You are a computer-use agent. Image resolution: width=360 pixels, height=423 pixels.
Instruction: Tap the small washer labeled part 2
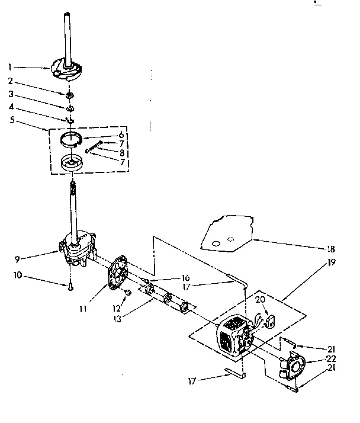[x=70, y=95]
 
